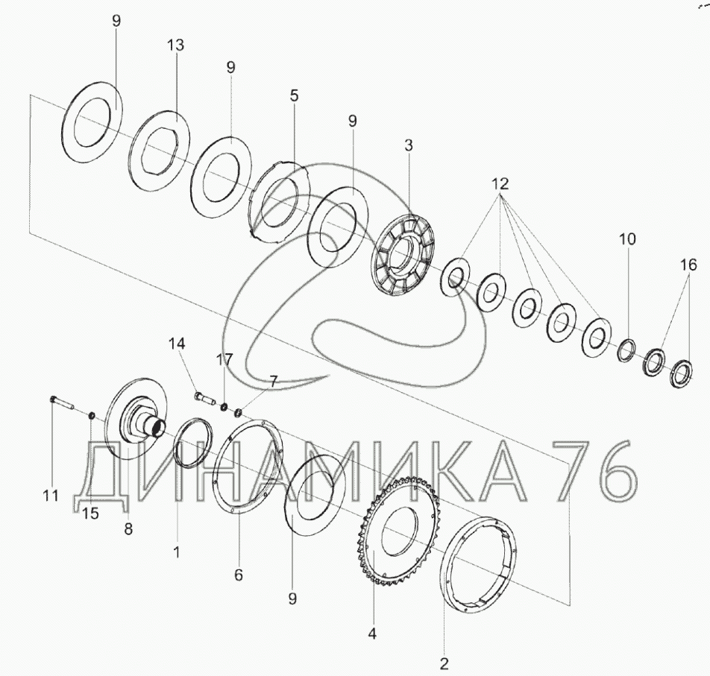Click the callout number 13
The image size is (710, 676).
(x=176, y=45)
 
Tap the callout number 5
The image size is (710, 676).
(x=295, y=96)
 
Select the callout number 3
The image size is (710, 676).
(x=409, y=145)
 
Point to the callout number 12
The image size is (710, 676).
(x=500, y=183)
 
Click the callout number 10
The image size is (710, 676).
(x=627, y=239)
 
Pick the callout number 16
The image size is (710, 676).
(x=688, y=265)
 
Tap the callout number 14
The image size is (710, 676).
(x=177, y=344)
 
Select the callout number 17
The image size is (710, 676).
(x=224, y=360)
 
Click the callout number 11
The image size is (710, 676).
(x=51, y=496)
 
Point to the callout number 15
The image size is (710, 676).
(x=90, y=514)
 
